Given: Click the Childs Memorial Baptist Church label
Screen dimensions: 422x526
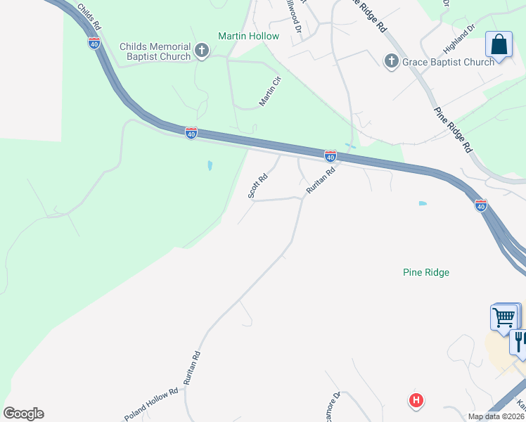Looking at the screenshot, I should [155, 51].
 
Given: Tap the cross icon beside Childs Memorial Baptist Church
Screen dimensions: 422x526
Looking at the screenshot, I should [202, 51].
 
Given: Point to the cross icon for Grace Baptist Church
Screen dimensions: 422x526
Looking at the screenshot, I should [391, 61].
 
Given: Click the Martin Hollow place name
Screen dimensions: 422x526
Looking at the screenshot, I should [248, 36].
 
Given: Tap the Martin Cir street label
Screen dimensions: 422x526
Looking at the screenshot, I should [270, 91].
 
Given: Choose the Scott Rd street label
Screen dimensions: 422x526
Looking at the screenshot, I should [258, 186].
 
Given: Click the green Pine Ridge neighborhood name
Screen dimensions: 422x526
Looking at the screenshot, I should [426, 272].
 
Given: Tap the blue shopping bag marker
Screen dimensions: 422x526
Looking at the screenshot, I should [499, 45].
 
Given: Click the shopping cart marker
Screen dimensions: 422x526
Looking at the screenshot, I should [504, 317].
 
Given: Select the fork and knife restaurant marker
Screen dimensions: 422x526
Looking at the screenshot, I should [520, 342].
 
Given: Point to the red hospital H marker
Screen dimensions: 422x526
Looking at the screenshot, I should [416, 401].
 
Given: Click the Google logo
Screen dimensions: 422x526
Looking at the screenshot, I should [23, 414].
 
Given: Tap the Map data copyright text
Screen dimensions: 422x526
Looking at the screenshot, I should [496, 416].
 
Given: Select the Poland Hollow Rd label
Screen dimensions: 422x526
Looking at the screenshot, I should [152, 402].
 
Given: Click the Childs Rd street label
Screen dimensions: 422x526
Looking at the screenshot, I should [90, 16].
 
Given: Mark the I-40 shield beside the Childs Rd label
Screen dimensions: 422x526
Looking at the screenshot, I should [94, 44].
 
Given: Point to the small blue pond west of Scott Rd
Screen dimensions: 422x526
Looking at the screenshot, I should [210, 166].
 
